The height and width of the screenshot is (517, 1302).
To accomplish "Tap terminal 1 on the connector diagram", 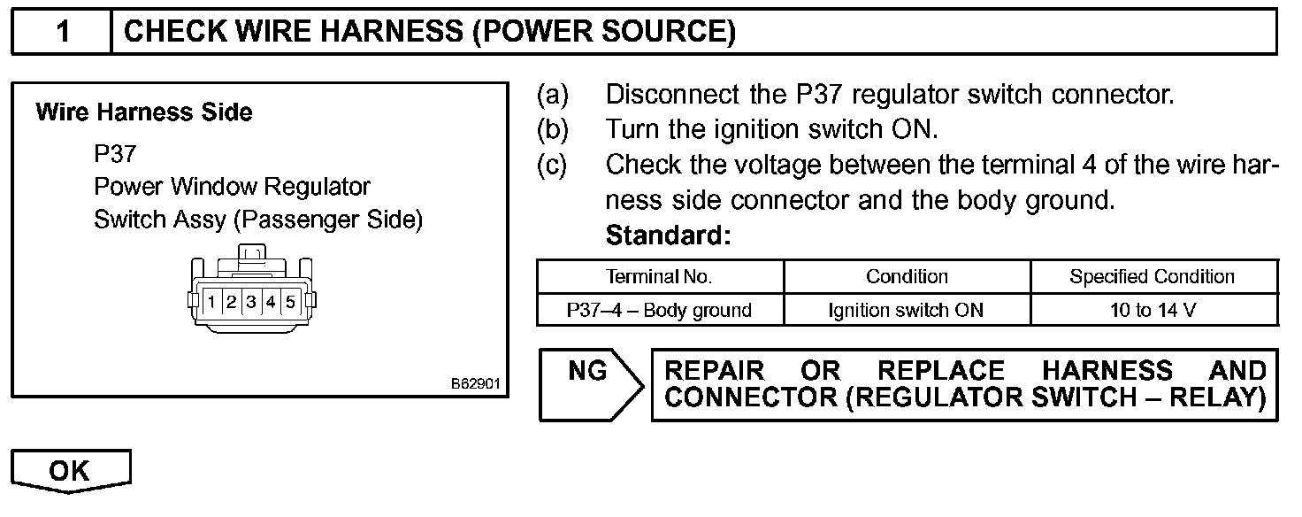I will (212, 302).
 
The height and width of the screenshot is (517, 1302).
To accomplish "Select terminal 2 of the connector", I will (232, 302).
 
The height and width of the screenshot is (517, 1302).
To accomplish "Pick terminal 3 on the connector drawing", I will (251, 302).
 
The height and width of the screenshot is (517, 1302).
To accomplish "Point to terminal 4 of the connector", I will (271, 302).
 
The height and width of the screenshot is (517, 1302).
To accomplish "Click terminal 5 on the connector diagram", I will (290, 302).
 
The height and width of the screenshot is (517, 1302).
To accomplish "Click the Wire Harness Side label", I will (144, 112).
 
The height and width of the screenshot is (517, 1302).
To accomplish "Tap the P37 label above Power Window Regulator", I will (115, 154).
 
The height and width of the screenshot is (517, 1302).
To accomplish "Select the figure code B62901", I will (476, 385).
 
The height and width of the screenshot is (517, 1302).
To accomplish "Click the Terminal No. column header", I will (659, 276).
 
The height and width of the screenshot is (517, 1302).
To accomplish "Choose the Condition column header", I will (907, 276).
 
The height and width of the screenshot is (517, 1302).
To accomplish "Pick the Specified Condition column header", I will (1152, 276).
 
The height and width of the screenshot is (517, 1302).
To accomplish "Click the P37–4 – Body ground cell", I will (659, 310).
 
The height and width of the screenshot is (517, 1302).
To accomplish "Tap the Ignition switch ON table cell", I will (906, 310).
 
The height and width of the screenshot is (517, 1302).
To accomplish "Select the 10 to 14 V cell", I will (1153, 310).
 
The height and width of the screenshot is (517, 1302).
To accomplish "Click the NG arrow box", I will (588, 384).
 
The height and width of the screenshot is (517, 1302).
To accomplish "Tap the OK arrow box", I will (70, 470).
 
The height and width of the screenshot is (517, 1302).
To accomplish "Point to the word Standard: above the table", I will (669, 236).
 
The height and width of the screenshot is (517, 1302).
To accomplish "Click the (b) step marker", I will (553, 129).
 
